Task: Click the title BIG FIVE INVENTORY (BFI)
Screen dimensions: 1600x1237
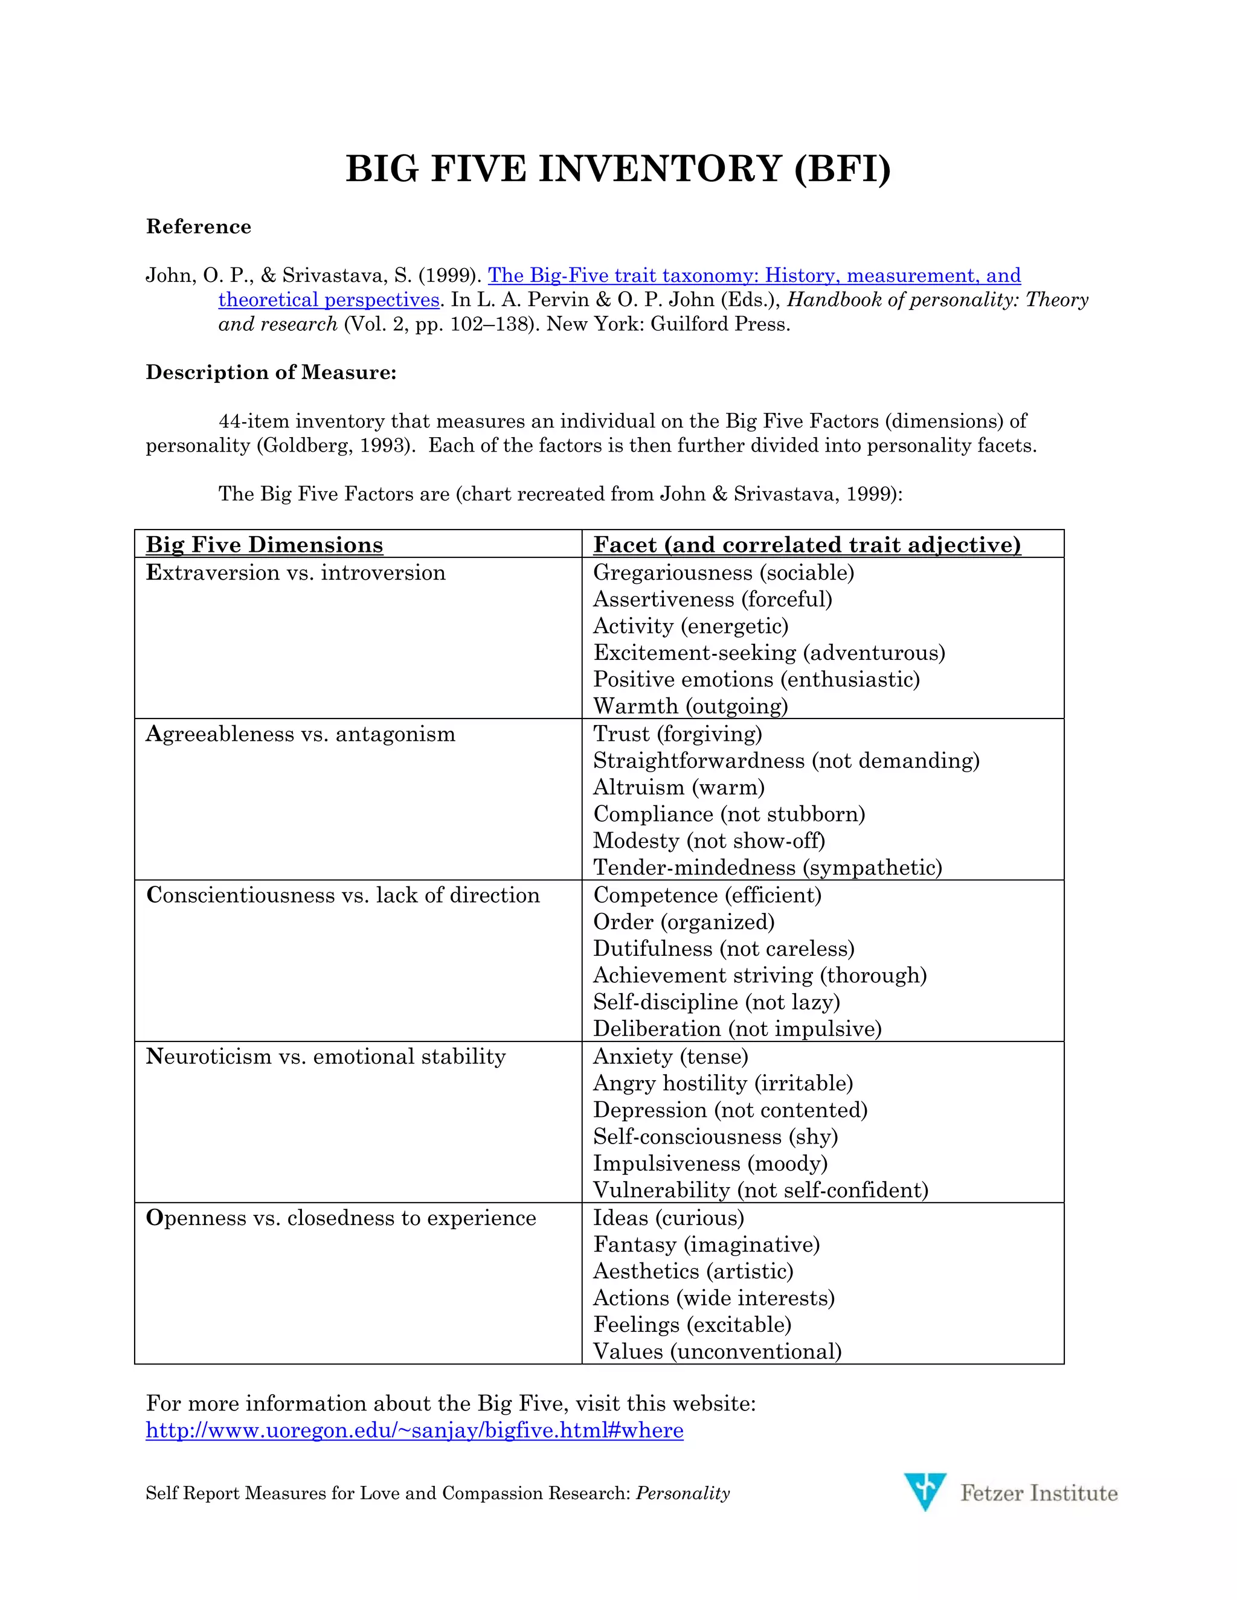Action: (618, 169)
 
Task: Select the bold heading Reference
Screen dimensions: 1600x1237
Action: (199, 226)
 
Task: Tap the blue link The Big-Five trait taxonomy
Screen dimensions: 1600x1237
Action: (753, 275)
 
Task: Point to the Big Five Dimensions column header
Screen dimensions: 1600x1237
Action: (265, 545)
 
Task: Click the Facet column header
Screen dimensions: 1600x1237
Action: (806, 545)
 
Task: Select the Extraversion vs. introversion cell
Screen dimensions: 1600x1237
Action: (296, 572)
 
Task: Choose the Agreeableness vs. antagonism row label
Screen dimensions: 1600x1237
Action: (300, 734)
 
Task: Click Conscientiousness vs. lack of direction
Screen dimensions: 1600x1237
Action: (343, 895)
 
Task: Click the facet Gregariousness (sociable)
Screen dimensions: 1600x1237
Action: (723, 572)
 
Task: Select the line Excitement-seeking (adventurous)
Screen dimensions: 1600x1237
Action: (769, 652)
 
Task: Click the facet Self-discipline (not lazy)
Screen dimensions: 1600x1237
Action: (716, 1002)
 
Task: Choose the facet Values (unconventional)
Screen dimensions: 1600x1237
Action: (717, 1350)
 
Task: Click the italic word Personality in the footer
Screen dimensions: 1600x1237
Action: (683, 1493)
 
